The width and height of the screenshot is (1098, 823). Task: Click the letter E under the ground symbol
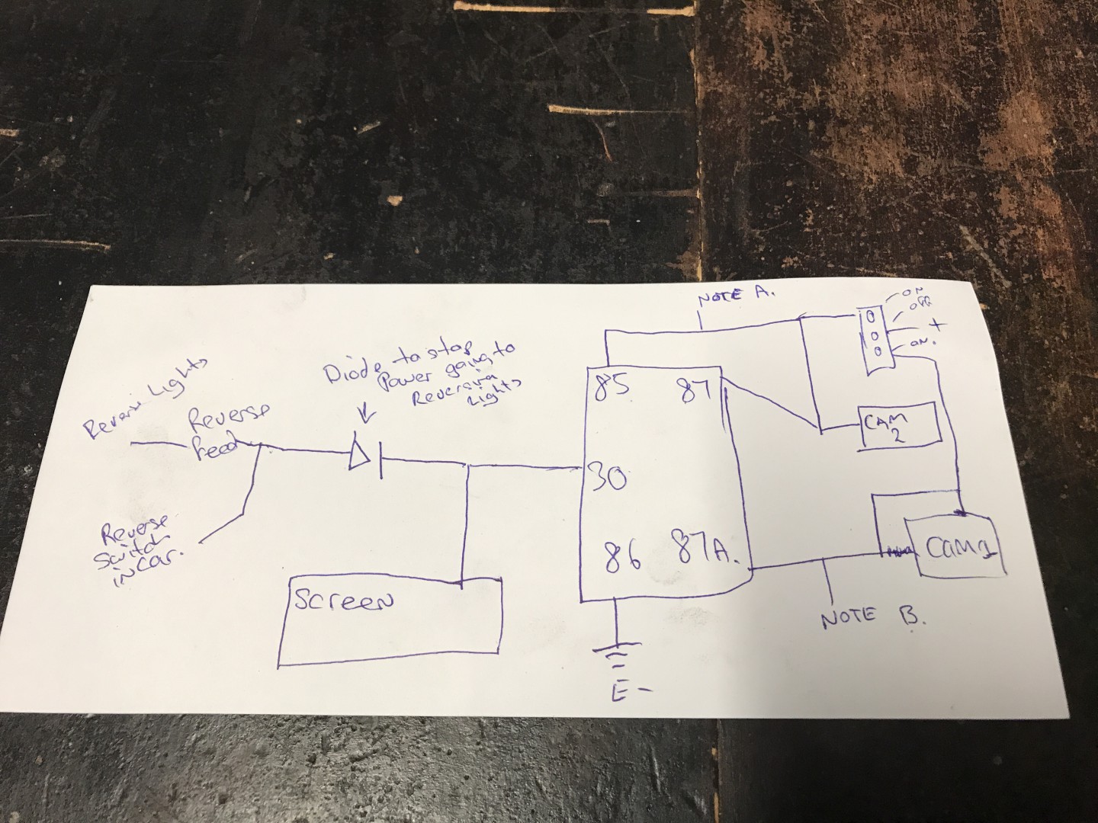618,691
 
